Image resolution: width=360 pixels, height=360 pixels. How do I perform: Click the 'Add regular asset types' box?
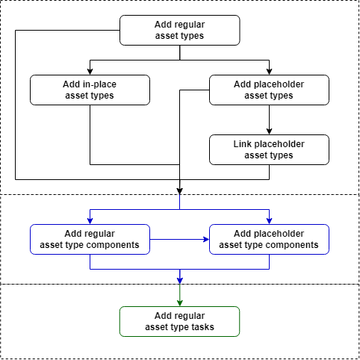click(179, 30)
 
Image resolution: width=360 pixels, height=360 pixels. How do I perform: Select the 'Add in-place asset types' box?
click(90, 90)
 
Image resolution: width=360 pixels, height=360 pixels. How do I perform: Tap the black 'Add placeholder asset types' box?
click(269, 90)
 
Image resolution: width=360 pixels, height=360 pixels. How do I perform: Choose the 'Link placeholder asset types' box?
click(269, 149)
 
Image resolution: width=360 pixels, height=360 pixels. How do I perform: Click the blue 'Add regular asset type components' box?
click(90, 239)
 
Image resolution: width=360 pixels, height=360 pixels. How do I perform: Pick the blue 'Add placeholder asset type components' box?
click(269, 239)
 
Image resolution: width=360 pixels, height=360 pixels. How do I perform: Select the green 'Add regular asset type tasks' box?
click(179, 321)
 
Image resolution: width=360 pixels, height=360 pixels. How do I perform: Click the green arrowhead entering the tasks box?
click(179, 302)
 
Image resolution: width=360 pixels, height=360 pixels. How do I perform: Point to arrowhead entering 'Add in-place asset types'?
click(90, 71)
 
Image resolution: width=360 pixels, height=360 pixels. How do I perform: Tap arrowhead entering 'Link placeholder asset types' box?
click(269, 131)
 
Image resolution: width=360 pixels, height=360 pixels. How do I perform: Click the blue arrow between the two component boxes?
click(179, 239)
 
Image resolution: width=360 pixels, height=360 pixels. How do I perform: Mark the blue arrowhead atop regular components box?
click(90, 220)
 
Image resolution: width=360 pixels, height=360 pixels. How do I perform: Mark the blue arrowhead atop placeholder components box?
click(269, 220)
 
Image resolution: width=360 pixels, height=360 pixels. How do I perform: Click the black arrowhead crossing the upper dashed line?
click(179, 190)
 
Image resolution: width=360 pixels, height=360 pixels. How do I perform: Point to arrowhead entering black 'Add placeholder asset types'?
click(269, 71)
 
